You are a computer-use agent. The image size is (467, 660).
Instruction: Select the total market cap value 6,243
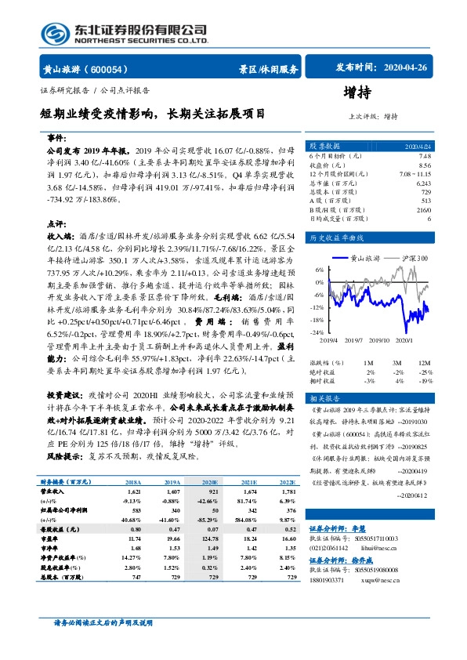point(423,182)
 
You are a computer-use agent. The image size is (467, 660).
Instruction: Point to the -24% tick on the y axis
point(318,332)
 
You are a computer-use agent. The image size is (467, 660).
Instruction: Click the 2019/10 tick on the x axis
point(382,340)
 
